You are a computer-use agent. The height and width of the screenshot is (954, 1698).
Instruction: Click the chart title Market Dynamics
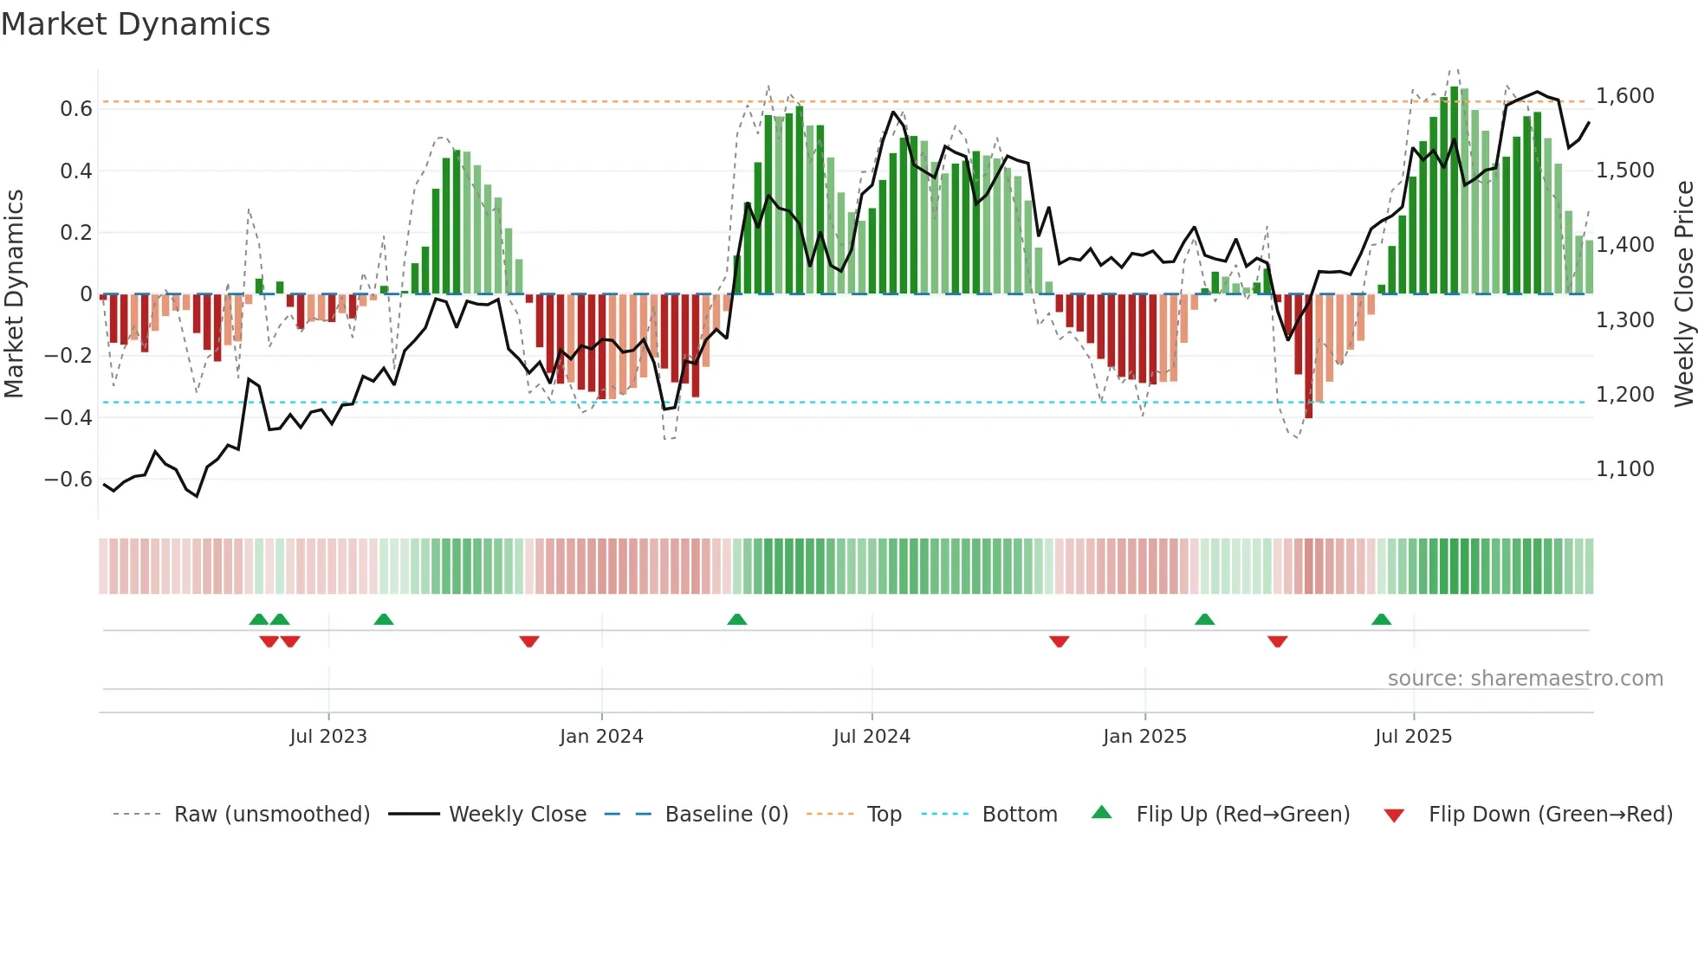[135, 24]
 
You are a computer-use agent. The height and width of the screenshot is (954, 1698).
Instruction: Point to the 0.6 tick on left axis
[76, 109]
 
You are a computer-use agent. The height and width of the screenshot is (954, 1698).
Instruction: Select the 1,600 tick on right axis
[1625, 96]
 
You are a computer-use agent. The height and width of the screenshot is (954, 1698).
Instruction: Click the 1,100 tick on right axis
[1625, 469]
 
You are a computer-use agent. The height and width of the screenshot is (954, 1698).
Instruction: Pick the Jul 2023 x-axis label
[328, 737]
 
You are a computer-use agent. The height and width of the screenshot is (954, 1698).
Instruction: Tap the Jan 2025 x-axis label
[1144, 737]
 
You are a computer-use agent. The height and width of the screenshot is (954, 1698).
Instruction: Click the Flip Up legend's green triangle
[1101, 812]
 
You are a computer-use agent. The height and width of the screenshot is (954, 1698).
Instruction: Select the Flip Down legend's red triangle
[1394, 815]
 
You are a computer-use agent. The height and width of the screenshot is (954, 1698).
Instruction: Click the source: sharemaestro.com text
[1525, 679]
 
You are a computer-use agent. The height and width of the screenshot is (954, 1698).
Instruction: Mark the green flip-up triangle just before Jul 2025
[1381, 619]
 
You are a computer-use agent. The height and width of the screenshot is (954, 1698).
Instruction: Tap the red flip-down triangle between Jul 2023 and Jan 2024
[529, 641]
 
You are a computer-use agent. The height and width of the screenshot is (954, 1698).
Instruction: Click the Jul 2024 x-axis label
[872, 737]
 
